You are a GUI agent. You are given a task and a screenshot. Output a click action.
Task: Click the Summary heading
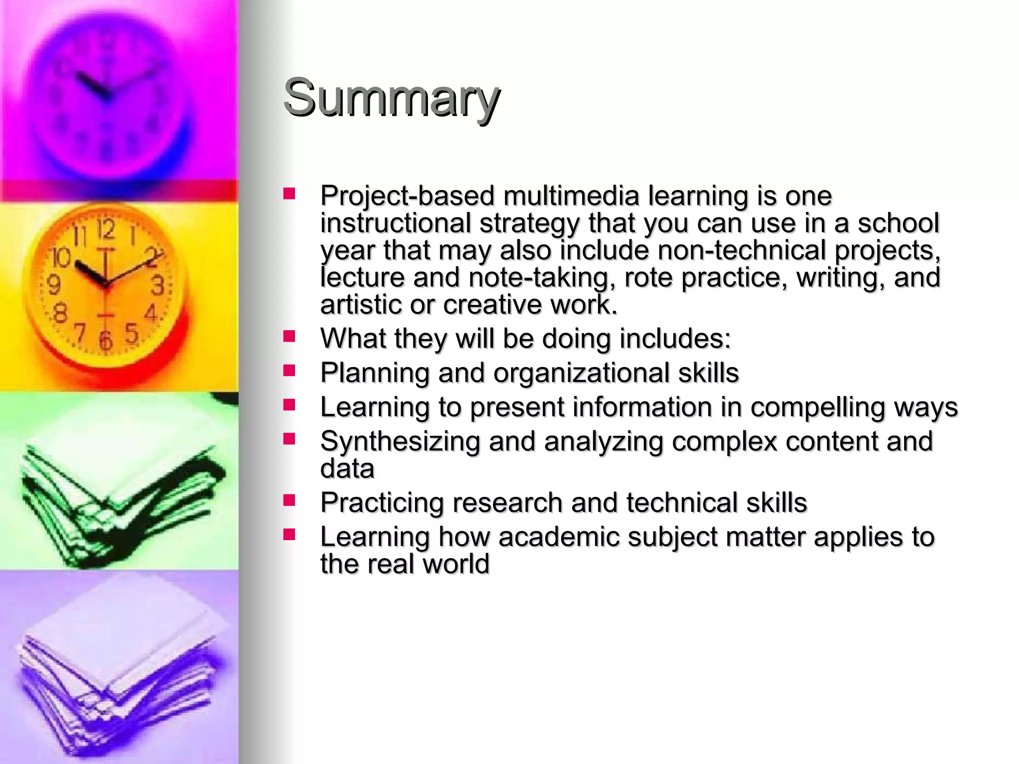(x=391, y=98)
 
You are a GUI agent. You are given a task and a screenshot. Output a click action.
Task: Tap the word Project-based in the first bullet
(x=407, y=195)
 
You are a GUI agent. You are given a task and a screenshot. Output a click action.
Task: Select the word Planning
(x=375, y=373)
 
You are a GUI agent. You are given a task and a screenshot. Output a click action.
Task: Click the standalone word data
(x=347, y=469)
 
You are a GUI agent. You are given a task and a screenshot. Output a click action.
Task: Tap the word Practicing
(x=382, y=503)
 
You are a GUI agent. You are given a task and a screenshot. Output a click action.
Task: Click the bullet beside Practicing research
(x=289, y=499)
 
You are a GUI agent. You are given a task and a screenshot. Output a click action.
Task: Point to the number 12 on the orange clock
(x=105, y=229)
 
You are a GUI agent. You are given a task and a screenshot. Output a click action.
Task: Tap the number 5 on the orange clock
(x=131, y=333)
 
